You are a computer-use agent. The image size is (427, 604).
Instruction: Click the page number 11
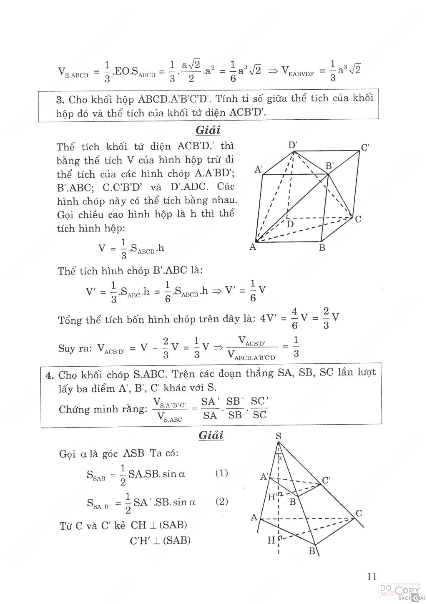pyautogui.click(x=372, y=576)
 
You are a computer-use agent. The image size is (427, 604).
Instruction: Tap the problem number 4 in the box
pyautogui.click(x=50, y=375)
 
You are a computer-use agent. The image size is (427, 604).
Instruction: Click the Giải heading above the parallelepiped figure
pyautogui.click(x=208, y=130)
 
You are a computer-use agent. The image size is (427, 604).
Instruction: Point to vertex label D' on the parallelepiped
pyautogui.click(x=293, y=145)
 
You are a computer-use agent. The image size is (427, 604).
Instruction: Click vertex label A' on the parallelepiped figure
pyautogui.click(x=259, y=169)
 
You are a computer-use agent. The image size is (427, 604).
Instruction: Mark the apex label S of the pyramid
pyautogui.click(x=279, y=436)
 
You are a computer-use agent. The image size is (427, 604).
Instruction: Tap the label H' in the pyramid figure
pyautogui.click(x=273, y=497)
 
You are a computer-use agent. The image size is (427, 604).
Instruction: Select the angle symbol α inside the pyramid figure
pyautogui.click(x=280, y=457)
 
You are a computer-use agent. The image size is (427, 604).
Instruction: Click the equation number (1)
pyautogui.click(x=221, y=473)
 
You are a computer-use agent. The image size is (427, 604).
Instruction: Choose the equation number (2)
pyautogui.click(x=221, y=501)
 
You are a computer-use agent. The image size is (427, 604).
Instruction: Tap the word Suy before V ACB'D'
pyautogui.click(x=66, y=348)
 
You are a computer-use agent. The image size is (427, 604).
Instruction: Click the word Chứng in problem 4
pyautogui.click(x=74, y=409)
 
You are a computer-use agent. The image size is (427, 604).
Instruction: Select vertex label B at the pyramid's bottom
pyautogui.click(x=312, y=551)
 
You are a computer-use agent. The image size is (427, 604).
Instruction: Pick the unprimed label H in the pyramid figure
pyautogui.click(x=271, y=541)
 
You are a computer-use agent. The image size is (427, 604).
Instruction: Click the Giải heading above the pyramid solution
pyautogui.click(x=211, y=435)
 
